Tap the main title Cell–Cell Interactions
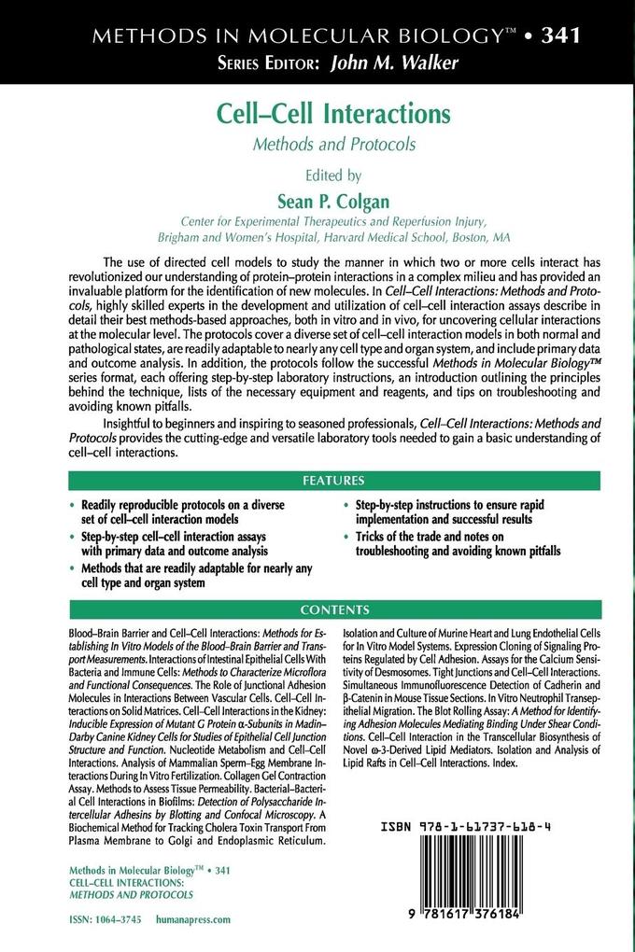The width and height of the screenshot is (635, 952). (x=333, y=114)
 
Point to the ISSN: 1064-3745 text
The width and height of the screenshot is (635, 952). (x=106, y=919)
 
